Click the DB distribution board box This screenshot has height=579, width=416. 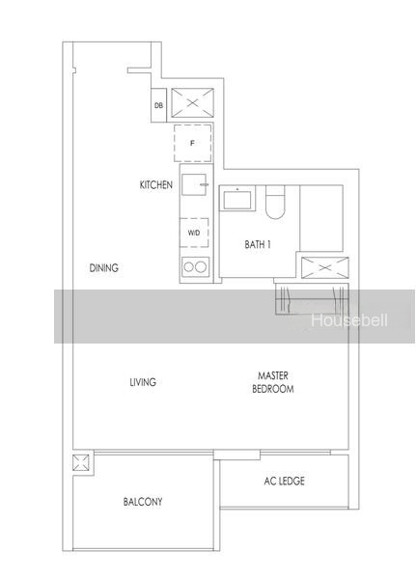pyautogui.click(x=158, y=105)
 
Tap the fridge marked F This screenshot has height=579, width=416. pyautogui.click(x=193, y=143)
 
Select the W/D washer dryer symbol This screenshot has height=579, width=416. pyautogui.click(x=194, y=233)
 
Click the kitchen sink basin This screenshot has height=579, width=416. pyautogui.click(x=194, y=184)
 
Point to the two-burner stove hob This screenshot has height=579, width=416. pyautogui.click(x=195, y=266)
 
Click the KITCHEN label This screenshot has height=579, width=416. pyautogui.click(x=156, y=184)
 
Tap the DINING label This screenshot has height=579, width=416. pyautogui.click(x=104, y=267)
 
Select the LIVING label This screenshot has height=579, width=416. pyautogui.click(x=143, y=382)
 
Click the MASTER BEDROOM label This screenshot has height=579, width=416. pyautogui.click(x=273, y=382)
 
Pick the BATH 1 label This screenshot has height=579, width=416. pyautogui.click(x=258, y=244)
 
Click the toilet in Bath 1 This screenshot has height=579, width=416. pyautogui.click(x=276, y=202)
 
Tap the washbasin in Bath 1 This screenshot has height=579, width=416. pyautogui.click(x=237, y=199)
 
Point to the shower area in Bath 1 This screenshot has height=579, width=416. pyautogui.click(x=321, y=218)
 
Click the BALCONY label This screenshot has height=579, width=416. pyautogui.click(x=143, y=502)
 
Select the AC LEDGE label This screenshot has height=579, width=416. pyautogui.click(x=284, y=481)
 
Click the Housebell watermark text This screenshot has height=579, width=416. pyautogui.click(x=349, y=320)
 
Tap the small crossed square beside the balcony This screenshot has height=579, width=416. pyautogui.click(x=80, y=462)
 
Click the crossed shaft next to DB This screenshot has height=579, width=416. pyautogui.click(x=192, y=103)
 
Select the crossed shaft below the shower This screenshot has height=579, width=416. pyautogui.click(x=324, y=267)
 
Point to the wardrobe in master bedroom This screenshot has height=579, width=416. pyautogui.click(x=312, y=299)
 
